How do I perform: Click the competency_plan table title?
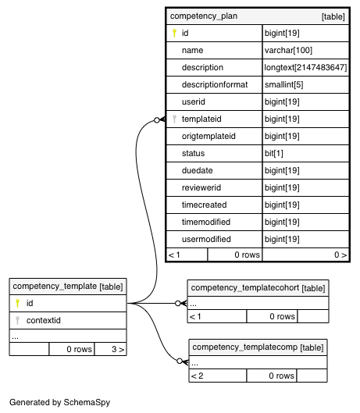click(x=204, y=16)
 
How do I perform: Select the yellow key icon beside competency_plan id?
click(x=174, y=33)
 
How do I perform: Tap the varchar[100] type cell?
click(x=288, y=50)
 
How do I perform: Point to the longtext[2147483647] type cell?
click(x=305, y=67)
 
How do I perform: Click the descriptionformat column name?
click(x=215, y=84)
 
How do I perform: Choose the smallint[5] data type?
click(x=283, y=84)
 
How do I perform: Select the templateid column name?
click(x=201, y=119)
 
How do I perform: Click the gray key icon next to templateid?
click(x=174, y=119)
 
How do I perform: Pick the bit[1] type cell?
click(x=274, y=153)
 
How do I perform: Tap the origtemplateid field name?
click(x=209, y=136)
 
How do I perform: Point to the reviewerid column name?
click(x=201, y=187)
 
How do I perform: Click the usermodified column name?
click(x=206, y=239)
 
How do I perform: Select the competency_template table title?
click(x=55, y=287)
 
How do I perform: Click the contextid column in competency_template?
click(x=44, y=320)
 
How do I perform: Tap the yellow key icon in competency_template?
click(x=17, y=303)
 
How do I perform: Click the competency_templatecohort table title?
click(x=245, y=288)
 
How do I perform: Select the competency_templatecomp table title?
click(x=245, y=347)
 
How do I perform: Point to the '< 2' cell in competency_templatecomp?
click(x=197, y=376)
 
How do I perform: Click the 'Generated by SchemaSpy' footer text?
click(x=60, y=403)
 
